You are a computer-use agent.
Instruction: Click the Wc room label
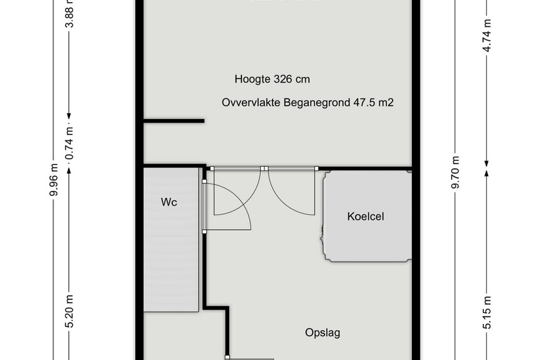coord(169,203)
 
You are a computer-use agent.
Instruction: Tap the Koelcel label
coord(366,217)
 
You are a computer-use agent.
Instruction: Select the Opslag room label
coord(323,333)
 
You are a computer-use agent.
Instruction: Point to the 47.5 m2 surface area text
coord(370,102)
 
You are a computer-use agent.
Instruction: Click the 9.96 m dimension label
coord(53,179)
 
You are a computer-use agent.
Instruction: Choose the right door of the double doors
coord(291,190)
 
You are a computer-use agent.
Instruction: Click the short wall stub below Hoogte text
coord(174,121)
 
